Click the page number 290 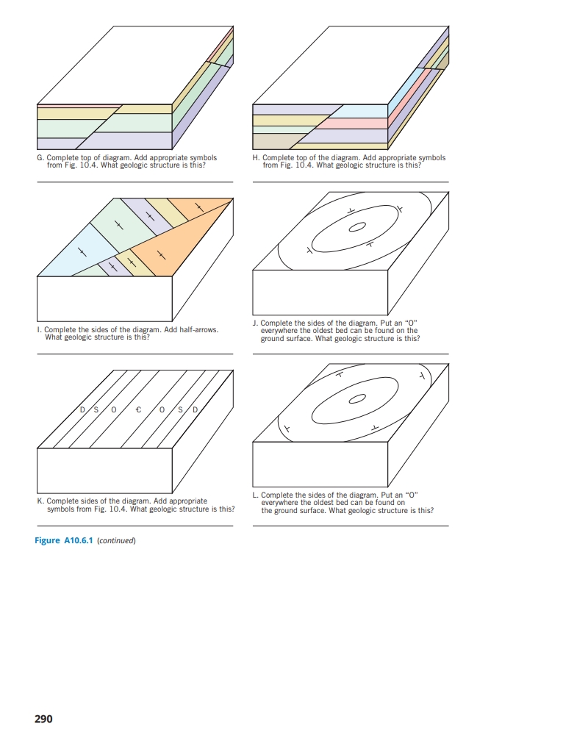pos(43,718)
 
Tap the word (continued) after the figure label pos(118,540)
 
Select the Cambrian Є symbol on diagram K pos(138,409)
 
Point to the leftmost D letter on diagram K pos(84,409)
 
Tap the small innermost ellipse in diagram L pos(356,399)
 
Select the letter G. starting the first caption pos(40,158)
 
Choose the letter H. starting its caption pos(256,158)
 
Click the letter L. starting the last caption pos(254,495)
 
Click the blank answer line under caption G pos(135,181)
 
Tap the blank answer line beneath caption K pos(135,525)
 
